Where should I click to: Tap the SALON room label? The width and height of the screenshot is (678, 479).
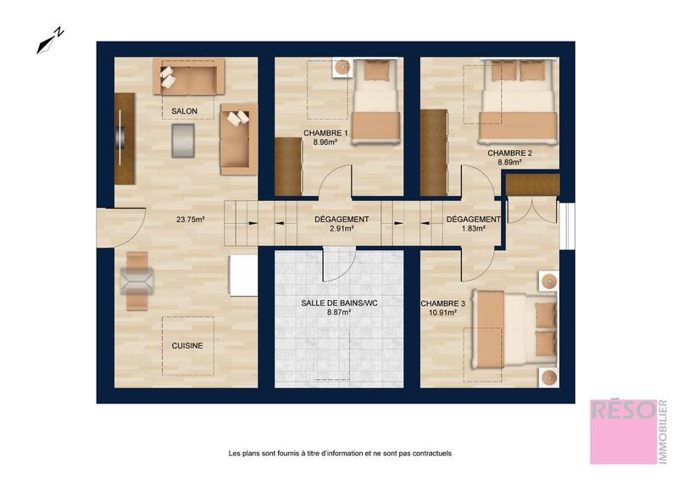(x=185, y=112)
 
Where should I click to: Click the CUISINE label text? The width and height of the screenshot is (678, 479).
(x=187, y=345)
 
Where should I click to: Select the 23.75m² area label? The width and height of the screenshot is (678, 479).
(x=192, y=220)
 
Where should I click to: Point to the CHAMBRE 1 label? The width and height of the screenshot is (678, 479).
(x=325, y=134)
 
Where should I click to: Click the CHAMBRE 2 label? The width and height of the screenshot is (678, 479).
(x=509, y=153)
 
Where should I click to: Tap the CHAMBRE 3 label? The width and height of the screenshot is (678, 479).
(x=443, y=303)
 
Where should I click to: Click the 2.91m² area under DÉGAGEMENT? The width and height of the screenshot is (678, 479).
(x=341, y=229)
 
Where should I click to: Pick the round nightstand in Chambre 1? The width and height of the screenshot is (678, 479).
(x=342, y=68)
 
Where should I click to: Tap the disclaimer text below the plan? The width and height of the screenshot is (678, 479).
(x=340, y=454)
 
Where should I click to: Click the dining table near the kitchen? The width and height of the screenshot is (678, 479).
(x=136, y=280)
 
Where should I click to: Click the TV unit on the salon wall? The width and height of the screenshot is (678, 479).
(x=125, y=136)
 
